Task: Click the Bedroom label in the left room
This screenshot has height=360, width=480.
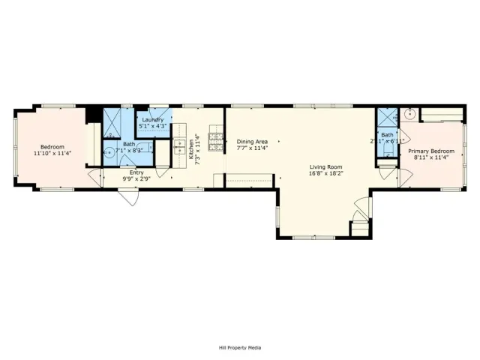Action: (x=52, y=147)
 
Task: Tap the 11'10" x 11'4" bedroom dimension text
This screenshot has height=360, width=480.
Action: (x=52, y=154)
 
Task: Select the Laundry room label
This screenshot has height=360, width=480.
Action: (x=153, y=119)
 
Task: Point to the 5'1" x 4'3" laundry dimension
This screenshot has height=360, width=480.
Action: (x=153, y=126)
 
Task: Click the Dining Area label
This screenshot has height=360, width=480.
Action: (x=252, y=141)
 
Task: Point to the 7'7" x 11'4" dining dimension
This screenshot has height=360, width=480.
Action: (x=252, y=148)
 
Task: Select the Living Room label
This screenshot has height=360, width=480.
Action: (x=326, y=166)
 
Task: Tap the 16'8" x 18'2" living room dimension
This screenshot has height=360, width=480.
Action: (x=326, y=173)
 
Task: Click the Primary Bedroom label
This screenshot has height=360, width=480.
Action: (x=431, y=151)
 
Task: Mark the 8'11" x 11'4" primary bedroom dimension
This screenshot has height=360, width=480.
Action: (x=431, y=157)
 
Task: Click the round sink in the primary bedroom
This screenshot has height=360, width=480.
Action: (x=409, y=115)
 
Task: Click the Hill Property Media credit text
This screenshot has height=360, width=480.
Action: (x=240, y=347)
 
